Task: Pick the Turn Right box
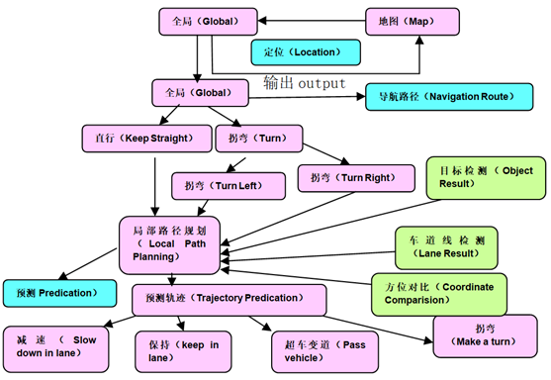[344, 178]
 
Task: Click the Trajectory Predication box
[229, 296]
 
